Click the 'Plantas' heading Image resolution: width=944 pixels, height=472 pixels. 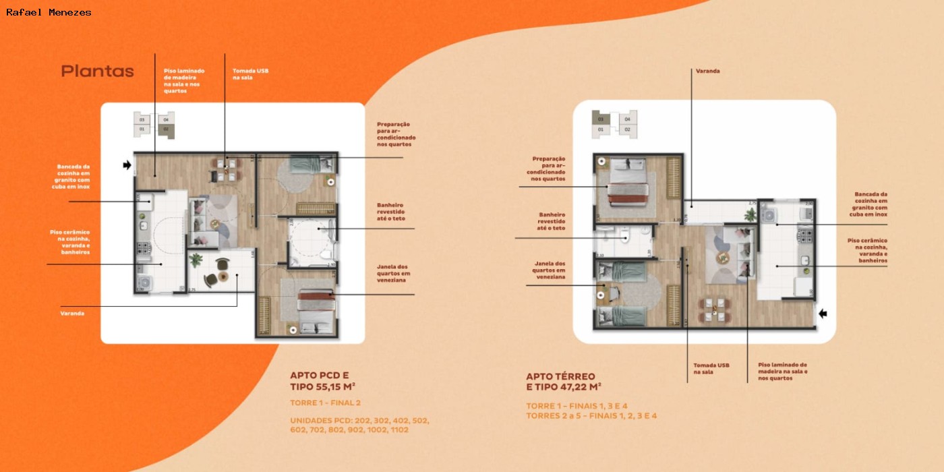97,71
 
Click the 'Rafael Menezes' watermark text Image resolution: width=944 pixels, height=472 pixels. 49,12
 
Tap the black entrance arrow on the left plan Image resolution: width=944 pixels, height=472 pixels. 127,165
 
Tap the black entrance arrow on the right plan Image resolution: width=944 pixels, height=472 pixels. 822,313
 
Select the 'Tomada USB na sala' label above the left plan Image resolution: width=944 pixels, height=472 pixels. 251,74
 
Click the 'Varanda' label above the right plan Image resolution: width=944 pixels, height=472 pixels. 707,71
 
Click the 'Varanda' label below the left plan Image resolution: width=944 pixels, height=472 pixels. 72,314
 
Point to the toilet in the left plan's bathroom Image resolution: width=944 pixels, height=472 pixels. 326,254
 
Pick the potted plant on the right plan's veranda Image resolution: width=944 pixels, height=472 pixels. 750,214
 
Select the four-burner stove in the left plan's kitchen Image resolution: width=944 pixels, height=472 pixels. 142,247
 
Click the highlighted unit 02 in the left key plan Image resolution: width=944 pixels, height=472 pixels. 165,129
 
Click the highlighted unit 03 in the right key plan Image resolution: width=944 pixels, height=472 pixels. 600,119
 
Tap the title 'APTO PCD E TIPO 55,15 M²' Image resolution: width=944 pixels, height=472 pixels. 323,381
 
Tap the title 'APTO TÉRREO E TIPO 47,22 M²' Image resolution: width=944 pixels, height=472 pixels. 564,381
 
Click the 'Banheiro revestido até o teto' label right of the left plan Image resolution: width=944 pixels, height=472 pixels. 391,212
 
